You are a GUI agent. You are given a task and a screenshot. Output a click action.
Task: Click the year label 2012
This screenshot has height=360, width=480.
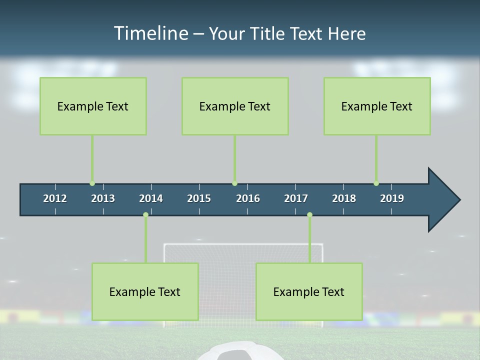tap(55, 198)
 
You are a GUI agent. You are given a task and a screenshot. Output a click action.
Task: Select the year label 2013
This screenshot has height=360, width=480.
tap(103, 198)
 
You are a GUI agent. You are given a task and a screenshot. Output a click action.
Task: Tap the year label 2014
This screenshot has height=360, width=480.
tap(151, 198)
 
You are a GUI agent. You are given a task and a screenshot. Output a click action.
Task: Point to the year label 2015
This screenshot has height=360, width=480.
tap(199, 198)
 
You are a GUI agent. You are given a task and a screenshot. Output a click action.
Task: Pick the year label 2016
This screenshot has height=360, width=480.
tap(248, 198)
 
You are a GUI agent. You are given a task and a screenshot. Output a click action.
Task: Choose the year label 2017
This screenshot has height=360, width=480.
tap(296, 198)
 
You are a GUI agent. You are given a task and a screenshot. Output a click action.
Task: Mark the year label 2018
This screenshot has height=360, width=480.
tap(344, 198)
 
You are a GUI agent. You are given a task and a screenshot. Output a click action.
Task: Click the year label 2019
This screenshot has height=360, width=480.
tap(392, 198)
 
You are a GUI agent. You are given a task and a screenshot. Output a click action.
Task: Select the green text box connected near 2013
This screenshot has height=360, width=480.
tap(93, 106)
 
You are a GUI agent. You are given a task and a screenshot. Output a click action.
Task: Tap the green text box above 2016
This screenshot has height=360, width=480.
tap(235, 106)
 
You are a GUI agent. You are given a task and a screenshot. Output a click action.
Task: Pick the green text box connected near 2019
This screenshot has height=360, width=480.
tap(377, 106)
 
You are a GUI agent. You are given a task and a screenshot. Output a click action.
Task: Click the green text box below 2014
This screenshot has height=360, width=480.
tap(145, 291)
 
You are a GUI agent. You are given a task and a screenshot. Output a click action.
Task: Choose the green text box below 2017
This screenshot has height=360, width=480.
tap(309, 291)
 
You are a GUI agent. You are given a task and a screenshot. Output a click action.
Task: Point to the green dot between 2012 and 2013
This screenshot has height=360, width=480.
tap(92, 183)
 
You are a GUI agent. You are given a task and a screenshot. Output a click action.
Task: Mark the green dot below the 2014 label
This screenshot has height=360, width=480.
tap(145, 215)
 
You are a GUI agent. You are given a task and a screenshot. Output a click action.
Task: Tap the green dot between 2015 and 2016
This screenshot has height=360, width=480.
tap(234, 183)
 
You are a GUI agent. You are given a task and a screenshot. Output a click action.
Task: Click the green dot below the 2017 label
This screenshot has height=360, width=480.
tap(309, 215)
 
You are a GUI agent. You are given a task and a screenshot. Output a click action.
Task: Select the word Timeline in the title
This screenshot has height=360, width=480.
tap(150, 33)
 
